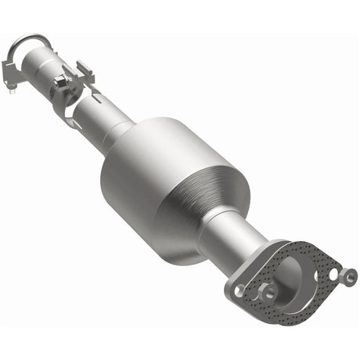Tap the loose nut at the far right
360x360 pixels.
(348, 275)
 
